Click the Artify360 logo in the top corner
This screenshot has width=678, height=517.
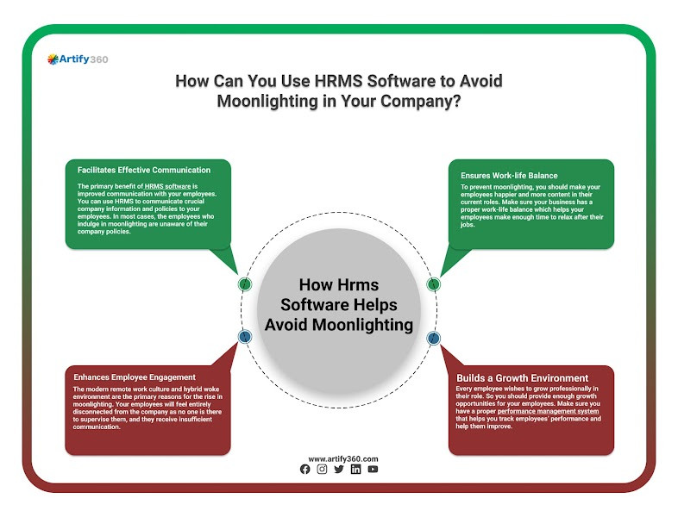[78, 59]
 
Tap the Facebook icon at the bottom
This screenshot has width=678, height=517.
[304, 470]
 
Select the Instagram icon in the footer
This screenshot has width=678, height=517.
[322, 470]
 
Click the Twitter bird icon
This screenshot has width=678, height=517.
[338, 470]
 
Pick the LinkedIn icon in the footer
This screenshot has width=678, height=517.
[355, 470]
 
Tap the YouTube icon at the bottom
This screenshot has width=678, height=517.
[373, 470]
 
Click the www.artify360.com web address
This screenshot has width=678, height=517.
[339, 459]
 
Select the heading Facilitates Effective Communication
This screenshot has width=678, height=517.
[144, 170]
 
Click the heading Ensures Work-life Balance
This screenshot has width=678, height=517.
[509, 176]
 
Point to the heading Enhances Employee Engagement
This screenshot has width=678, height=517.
[135, 377]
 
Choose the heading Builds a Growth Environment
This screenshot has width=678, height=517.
[523, 377]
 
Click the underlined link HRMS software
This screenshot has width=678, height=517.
[167, 186]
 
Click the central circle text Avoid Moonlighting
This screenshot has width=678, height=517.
[339, 324]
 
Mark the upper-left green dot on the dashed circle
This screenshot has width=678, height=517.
[245, 283]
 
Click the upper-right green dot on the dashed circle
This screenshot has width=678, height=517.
[434, 283]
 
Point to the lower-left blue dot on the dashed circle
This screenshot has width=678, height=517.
[245, 337]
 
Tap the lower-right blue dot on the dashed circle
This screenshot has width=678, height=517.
[433, 338]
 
